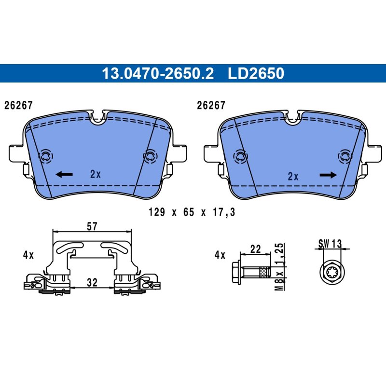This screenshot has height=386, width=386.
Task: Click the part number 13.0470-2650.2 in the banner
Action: (158, 73)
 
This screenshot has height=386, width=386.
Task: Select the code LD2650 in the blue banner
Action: (256, 73)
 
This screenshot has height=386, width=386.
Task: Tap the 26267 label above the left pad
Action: (18, 105)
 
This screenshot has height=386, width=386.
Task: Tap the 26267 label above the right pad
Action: (211, 105)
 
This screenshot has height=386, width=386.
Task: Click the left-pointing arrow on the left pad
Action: (64, 175)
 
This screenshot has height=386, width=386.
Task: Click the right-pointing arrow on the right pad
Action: (328, 175)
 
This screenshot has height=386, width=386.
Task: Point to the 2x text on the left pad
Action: (96, 174)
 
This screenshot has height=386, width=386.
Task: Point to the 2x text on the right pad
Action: (293, 176)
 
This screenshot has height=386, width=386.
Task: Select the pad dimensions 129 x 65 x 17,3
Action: (192, 212)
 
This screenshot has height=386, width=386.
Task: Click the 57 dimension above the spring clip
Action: (92, 226)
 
